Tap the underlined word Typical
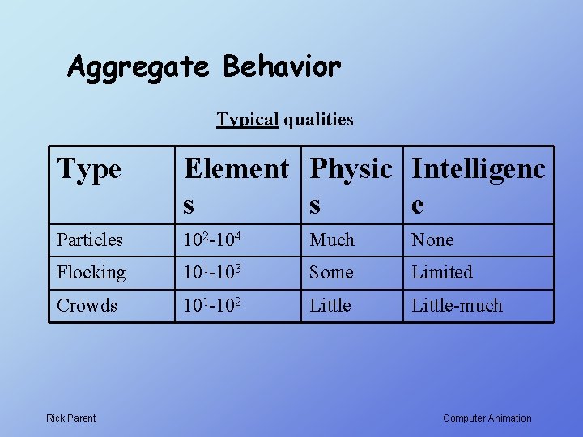[247, 120]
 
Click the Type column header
[89, 169]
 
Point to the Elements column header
[236, 185]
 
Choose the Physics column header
[351, 185]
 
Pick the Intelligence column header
[478, 185]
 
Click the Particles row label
[90, 240]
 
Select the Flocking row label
[91, 273]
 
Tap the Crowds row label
[87, 305]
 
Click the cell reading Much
[332, 240]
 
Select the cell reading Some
[331, 273]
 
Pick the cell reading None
[432, 240]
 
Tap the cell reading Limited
[442, 273]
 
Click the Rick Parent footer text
[70, 418]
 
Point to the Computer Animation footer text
[487, 418]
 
